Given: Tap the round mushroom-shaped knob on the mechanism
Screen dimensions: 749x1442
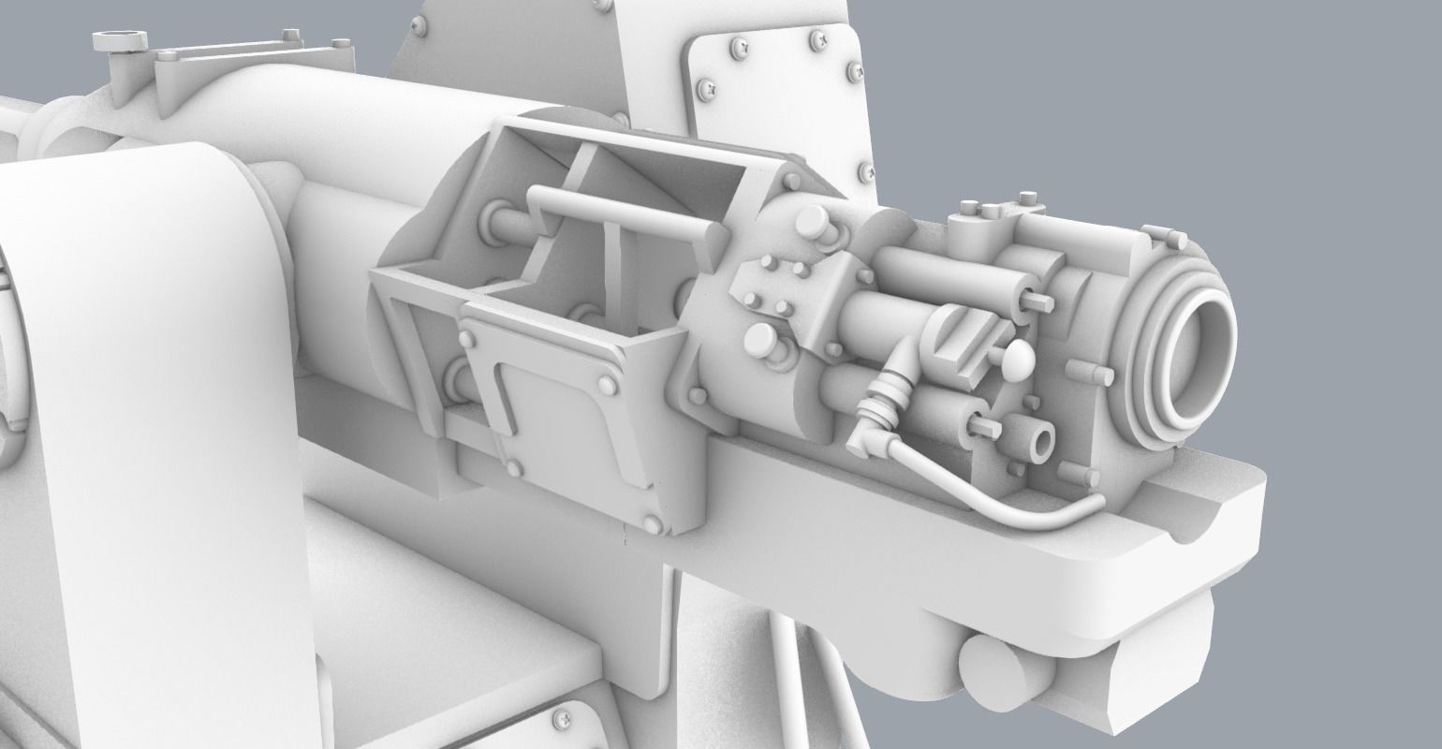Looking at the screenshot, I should pos(1018,360).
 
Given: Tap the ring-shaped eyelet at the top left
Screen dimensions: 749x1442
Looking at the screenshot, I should pos(121,41).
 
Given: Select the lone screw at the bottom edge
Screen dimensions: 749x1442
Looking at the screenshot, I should pos(565,719).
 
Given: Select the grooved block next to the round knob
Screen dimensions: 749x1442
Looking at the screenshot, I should pos(960,338).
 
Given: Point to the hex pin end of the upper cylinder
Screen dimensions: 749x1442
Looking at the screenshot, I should pos(1039,300).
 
